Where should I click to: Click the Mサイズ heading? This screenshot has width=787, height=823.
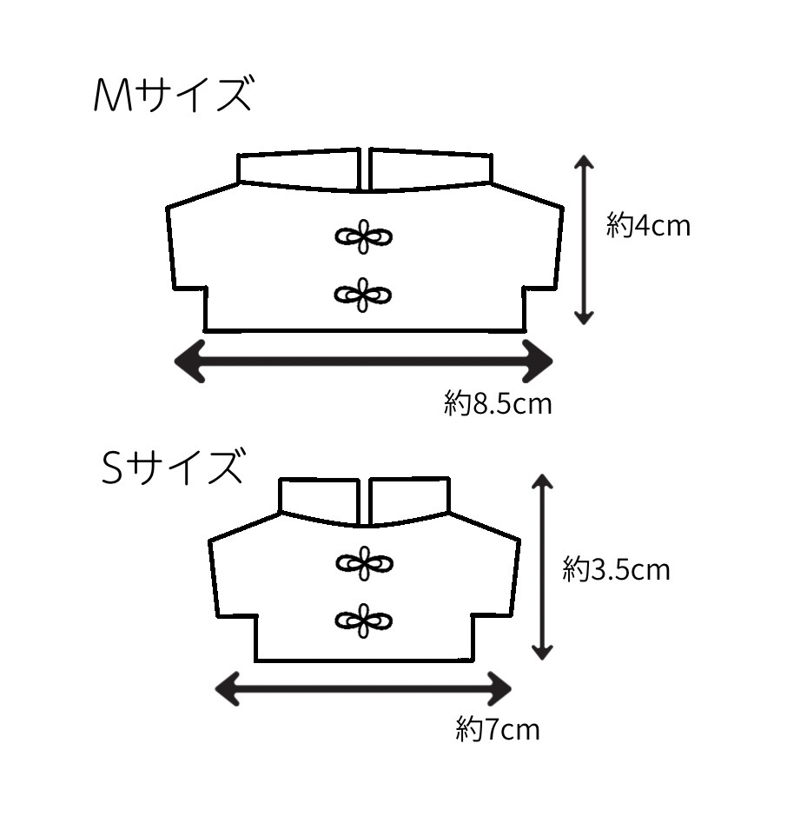click(x=173, y=95)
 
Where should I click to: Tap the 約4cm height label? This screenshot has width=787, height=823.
click(x=648, y=226)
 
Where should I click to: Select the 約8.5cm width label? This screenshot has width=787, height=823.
click(x=498, y=403)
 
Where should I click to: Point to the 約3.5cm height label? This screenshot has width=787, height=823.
click(x=616, y=569)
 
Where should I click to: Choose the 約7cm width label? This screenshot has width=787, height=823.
click(x=498, y=729)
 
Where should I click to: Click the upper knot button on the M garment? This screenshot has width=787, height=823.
click(x=364, y=236)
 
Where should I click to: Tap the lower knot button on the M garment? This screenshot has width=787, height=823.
click(x=363, y=295)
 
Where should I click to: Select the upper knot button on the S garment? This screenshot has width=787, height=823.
click(x=365, y=564)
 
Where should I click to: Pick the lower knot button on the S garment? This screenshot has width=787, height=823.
click(x=364, y=621)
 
